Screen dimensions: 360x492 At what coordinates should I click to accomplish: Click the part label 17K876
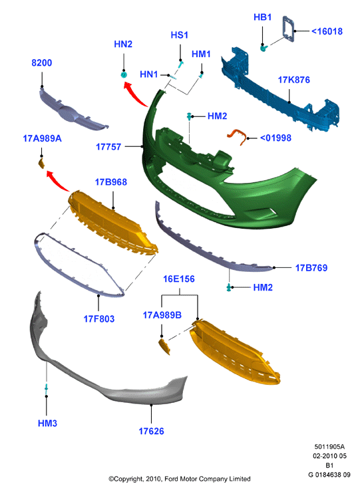pos(293,80)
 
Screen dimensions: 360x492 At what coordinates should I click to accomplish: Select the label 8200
pos(41,62)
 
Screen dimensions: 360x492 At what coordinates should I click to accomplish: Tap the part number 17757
pos(108,146)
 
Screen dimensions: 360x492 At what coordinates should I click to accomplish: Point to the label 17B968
pos(111,182)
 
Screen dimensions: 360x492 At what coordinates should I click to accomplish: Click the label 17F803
pos(99,319)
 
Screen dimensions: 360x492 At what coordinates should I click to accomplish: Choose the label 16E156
pos(179,279)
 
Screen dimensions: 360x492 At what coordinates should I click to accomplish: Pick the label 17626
pos(152,431)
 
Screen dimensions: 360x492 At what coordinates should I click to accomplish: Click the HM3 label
pos(47,424)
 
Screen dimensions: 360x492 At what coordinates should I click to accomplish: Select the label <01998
pos(275,138)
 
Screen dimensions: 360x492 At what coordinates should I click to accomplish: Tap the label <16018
pos(327,31)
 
